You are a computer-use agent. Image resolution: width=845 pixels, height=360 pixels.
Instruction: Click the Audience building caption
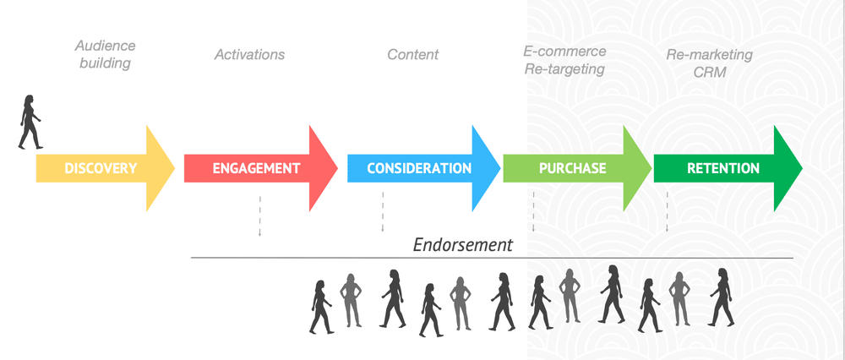click(105, 54)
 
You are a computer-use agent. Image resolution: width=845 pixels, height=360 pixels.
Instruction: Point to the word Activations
click(249, 55)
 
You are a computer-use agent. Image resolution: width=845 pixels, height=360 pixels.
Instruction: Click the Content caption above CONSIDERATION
click(412, 55)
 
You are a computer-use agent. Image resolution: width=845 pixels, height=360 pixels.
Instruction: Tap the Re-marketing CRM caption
click(709, 63)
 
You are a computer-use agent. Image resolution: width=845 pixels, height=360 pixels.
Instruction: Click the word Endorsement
click(462, 245)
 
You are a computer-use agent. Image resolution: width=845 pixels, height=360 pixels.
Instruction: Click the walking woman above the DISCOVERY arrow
click(30, 123)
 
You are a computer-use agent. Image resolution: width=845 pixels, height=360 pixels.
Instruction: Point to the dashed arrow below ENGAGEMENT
click(259, 215)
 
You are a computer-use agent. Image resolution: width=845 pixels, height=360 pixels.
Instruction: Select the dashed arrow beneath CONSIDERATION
click(383, 211)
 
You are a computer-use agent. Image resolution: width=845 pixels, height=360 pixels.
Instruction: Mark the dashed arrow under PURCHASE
click(533, 211)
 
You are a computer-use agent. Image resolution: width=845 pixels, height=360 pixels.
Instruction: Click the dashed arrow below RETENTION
click(668, 211)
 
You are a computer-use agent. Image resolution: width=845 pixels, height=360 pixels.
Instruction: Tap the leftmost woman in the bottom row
click(321, 306)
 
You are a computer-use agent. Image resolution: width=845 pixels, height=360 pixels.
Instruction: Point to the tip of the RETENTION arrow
click(799, 168)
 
